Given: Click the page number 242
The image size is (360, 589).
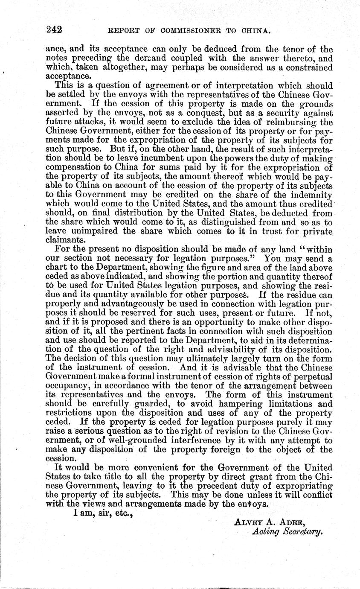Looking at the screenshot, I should [x=55, y=29].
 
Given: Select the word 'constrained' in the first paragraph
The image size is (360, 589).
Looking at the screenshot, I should [x=311, y=68].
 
